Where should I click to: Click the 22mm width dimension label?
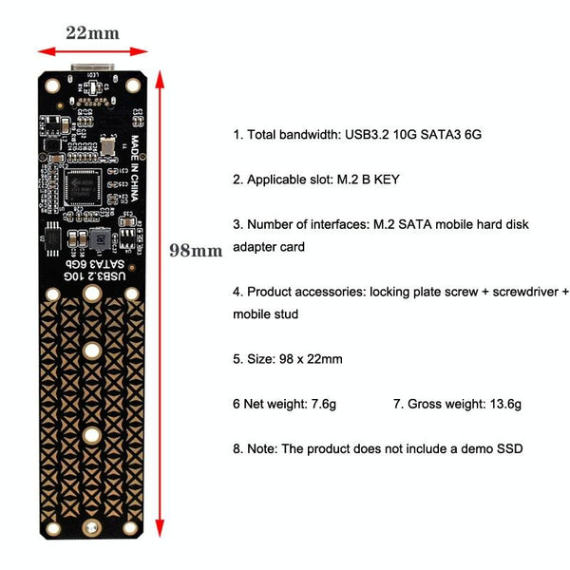click(92, 32)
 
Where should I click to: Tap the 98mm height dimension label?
click(196, 251)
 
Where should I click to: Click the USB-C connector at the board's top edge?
click(92, 72)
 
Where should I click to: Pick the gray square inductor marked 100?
click(99, 237)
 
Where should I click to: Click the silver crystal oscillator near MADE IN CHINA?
click(110, 145)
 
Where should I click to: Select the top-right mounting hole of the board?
click(132, 85)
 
